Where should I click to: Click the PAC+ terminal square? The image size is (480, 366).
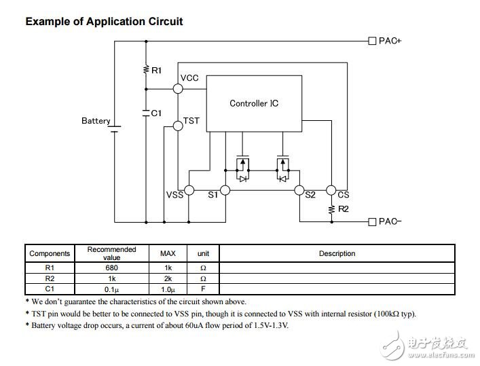tap(372, 41)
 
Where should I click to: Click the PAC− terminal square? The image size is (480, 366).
tap(372, 222)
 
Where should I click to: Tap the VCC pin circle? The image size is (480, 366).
tap(178, 89)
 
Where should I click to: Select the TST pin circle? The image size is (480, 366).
tap(178, 126)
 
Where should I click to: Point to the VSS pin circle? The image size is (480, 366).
tap(189, 190)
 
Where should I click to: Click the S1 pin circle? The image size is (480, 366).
tap(225, 190)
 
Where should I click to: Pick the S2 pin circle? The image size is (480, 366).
tap(299, 190)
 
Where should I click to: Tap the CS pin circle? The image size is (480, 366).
tap(331, 190)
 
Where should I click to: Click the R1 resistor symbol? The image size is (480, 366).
tap(146, 70)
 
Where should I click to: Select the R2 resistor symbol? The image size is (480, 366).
tap(331, 210)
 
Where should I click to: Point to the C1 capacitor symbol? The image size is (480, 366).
tap(146, 113)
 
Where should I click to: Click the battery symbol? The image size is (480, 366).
tap(115, 129)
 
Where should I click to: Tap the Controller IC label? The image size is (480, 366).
tap(254, 103)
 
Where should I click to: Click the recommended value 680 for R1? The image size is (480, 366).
tap(111, 268)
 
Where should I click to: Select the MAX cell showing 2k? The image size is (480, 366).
tap(168, 278)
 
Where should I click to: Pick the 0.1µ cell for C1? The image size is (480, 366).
tap(111, 289)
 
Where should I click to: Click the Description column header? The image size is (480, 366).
tap(337, 253)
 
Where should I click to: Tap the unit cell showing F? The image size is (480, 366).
tap(203, 289)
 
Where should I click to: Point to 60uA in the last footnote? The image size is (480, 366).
tap(193, 325)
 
